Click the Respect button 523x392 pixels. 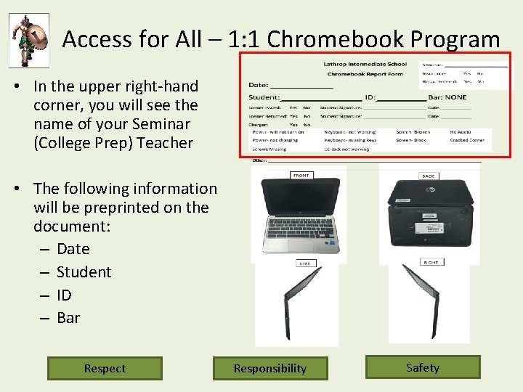[x=105, y=368]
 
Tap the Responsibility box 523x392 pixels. [x=270, y=368]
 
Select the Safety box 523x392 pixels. [x=423, y=367]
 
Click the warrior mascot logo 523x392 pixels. [x=29, y=40]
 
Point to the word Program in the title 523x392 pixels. [x=457, y=39]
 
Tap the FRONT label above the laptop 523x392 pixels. [x=300, y=175]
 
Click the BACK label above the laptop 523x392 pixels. [x=429, y=176]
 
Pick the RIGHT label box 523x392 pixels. [x=431, y=262]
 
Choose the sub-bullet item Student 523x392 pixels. [x=84, y=272]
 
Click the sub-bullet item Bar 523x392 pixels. [x=68, y=318]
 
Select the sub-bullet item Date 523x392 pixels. [x=73, y=249]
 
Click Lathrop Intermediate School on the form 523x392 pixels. [x=365, y=64]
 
